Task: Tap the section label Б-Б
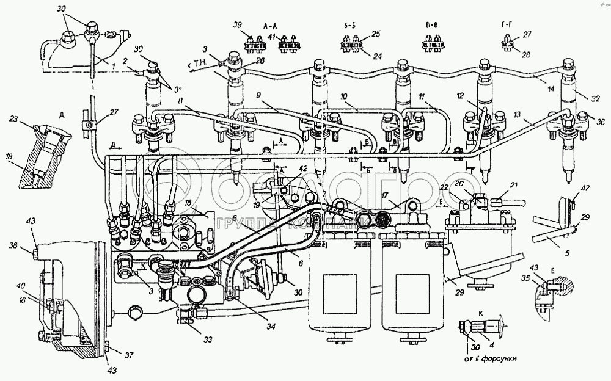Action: (351, 27)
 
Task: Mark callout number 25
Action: (375, 34)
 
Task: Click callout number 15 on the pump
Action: (188, 202)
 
